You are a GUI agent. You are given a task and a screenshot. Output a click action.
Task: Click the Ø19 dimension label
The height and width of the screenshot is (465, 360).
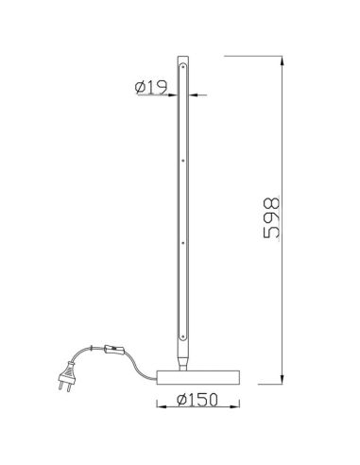tap(153, 88)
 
